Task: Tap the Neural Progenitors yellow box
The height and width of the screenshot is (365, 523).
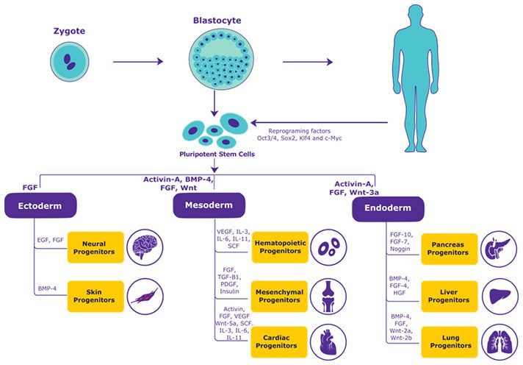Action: coord(95,247)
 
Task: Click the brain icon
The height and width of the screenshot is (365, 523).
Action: coord(144,247)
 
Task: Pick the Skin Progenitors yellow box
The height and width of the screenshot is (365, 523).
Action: coord(95,297)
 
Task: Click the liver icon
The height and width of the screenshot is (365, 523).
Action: coord(500,296)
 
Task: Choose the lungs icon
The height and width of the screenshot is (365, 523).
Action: coord(500,341)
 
